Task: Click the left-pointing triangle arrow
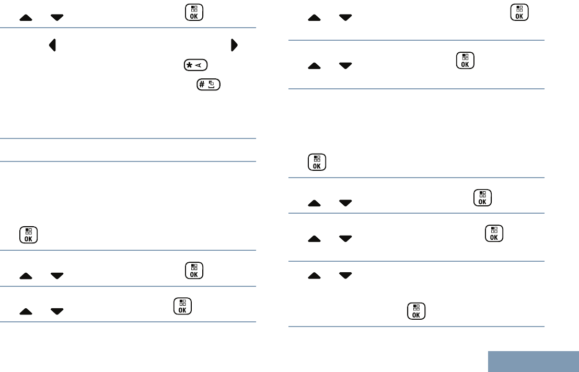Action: click(x=52, y=45)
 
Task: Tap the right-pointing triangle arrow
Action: click(x=234, y=45)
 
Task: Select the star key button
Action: click(x=196, y=65)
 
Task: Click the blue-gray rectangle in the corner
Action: click(x=533, y=361)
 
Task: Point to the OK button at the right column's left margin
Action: click(x=317, y=162)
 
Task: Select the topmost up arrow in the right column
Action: click(x=314, y=18)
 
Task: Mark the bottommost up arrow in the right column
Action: click(x=314, y=274)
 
